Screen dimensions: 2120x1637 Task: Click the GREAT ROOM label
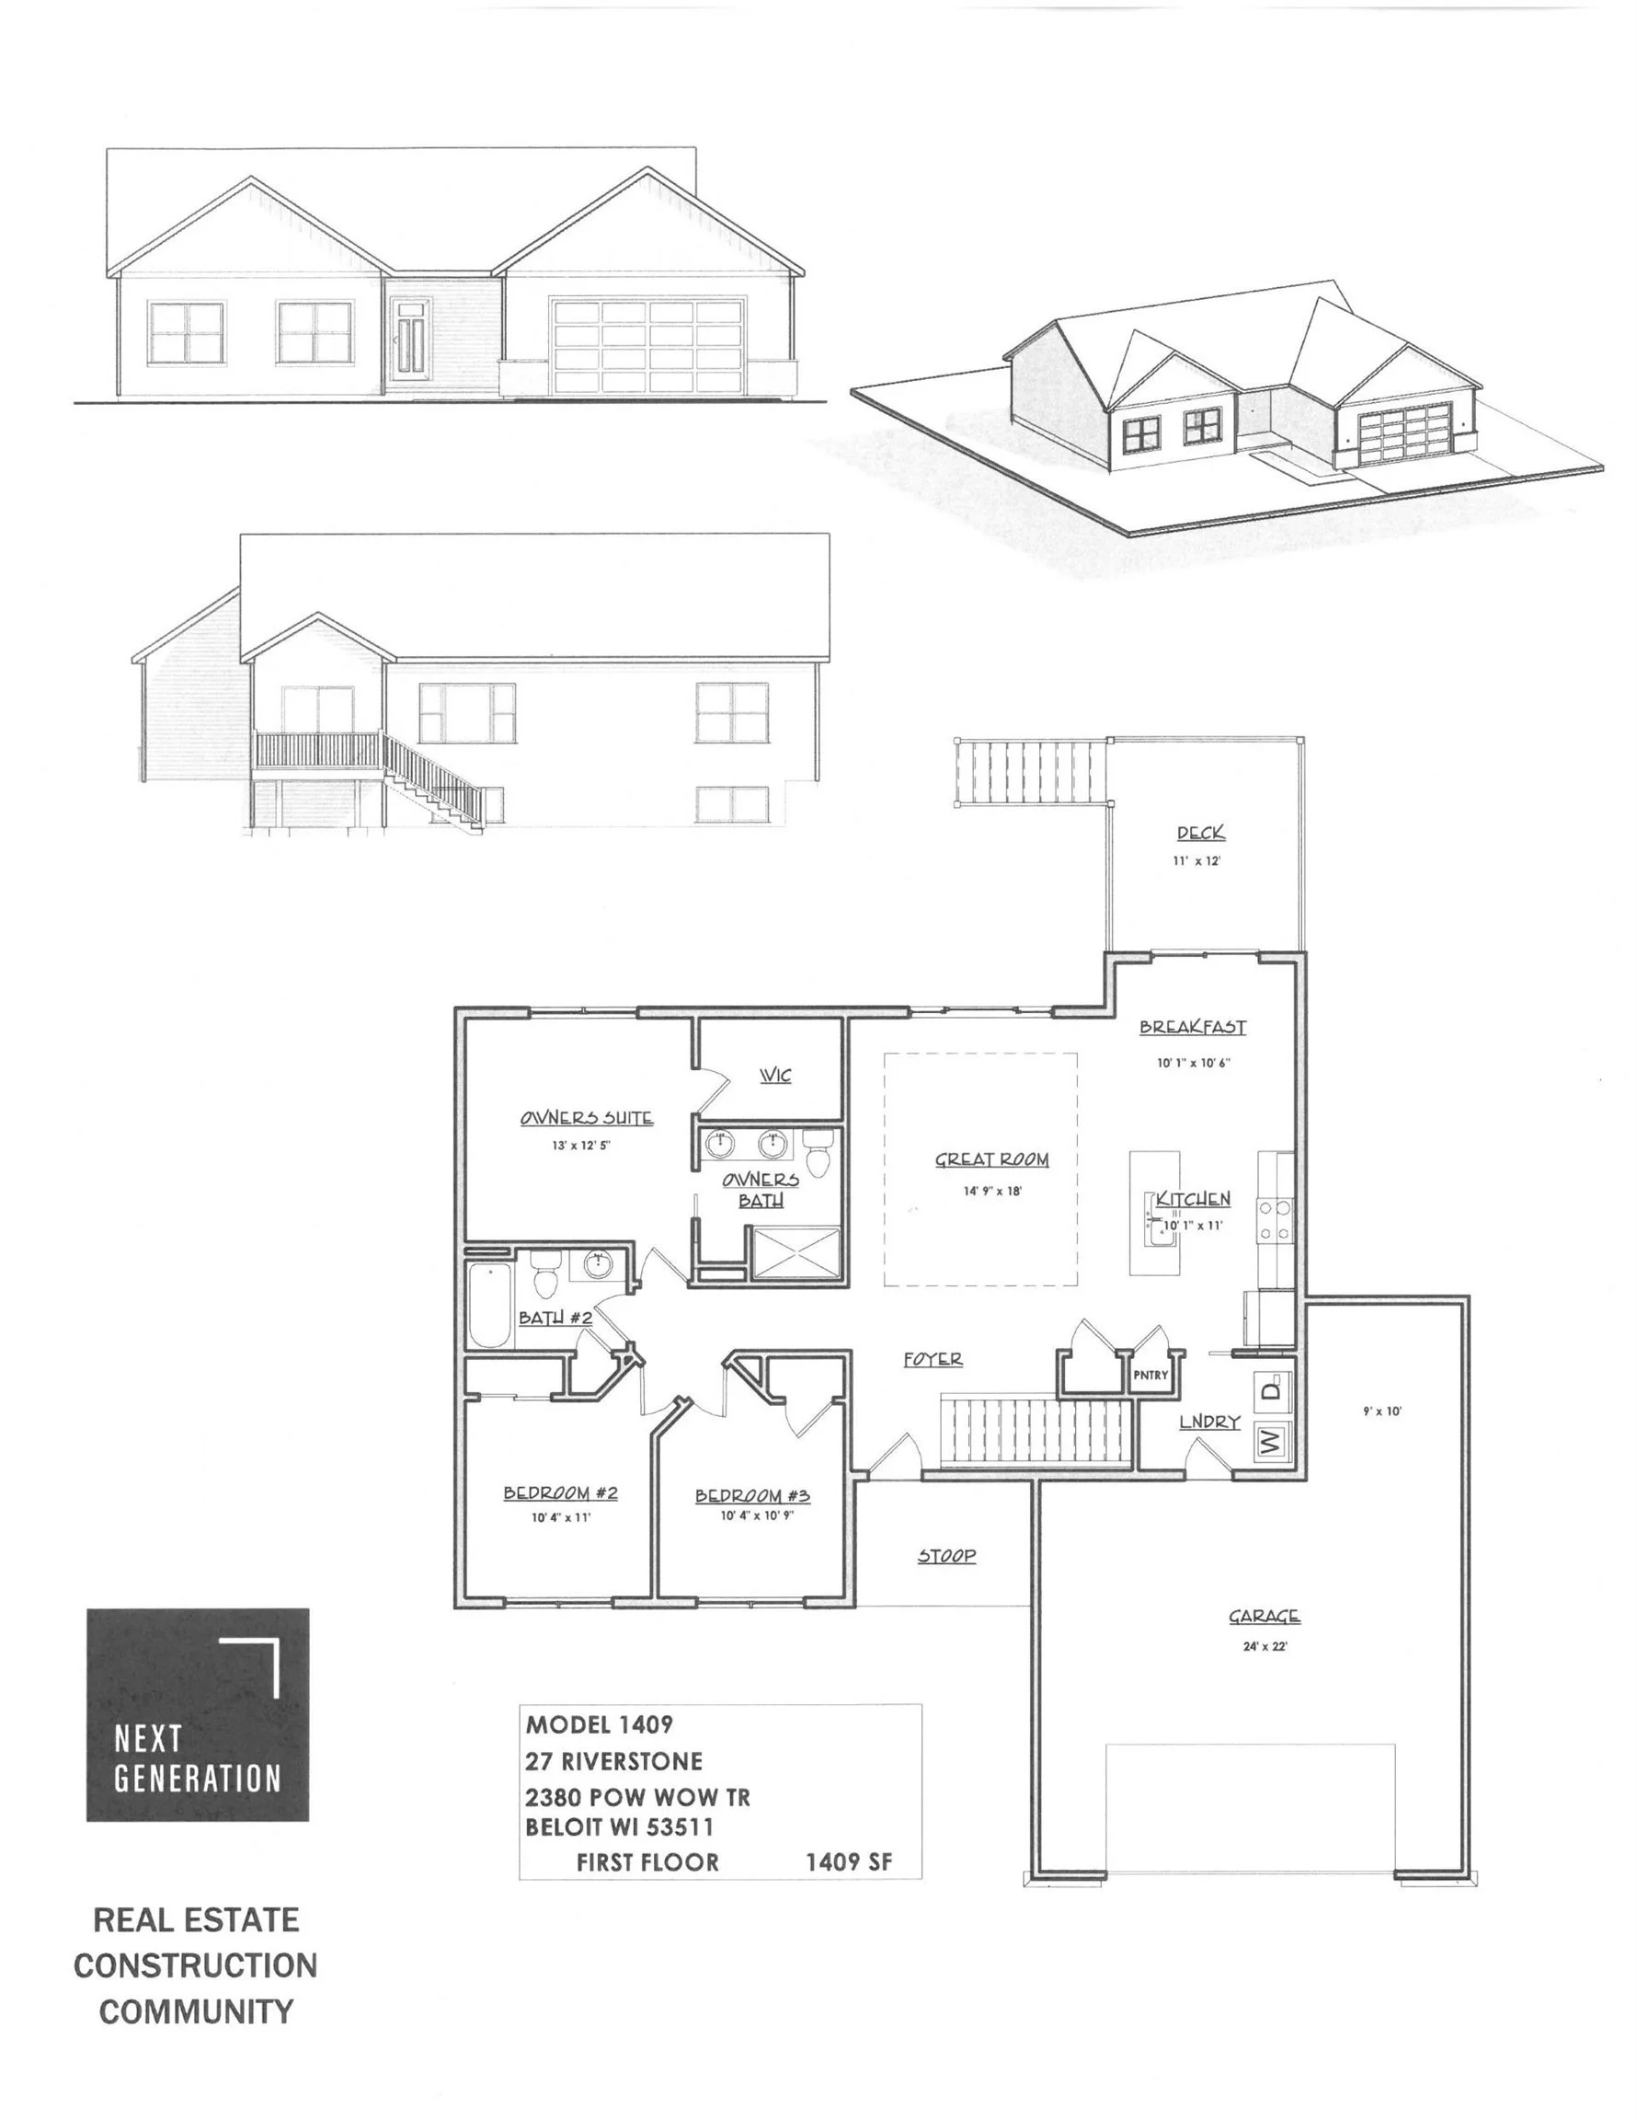click(x=990, y=1159)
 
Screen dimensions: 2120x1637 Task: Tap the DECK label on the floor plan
click(x=1200, y=833)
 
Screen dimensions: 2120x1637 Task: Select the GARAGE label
click(x=1265, y=1616)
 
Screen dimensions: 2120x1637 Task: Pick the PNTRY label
click(x=1150, y=1375)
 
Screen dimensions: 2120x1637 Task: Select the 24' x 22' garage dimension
click(x=1265, y=1646)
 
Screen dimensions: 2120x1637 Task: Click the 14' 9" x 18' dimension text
click(x=991, y=1191)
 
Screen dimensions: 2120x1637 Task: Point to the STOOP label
click(x=946, y=1556)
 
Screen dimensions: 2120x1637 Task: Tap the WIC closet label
click(x=775, y=1076)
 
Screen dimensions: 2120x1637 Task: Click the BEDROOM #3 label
click(x=752, y=1496)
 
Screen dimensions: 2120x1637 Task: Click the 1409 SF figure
click(x=848, y=1861)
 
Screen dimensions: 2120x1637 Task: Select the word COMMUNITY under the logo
click(x=196, y=2011)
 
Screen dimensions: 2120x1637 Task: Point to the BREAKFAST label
click(x=1193, y=1027)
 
